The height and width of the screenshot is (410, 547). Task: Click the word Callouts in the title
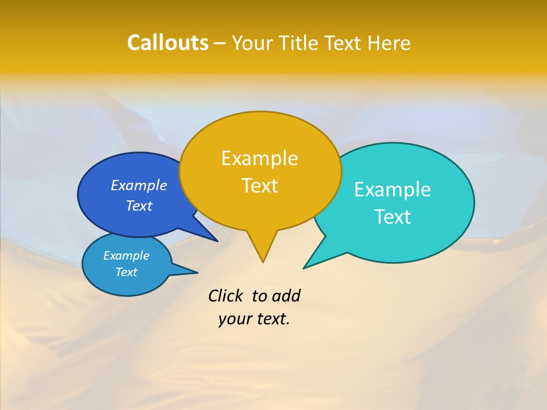(168, 43)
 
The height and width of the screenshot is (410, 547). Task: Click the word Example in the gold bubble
(259, 158)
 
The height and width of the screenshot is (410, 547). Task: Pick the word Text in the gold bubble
(259, 186)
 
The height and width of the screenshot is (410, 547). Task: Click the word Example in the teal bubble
(393, 190)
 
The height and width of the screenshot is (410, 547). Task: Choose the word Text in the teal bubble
(393, 217)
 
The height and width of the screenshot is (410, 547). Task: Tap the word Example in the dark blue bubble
(139, 186)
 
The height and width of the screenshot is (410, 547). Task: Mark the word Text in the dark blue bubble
(139, 206)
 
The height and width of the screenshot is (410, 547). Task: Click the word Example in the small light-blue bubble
(126, 256)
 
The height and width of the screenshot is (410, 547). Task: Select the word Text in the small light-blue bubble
(126, 272)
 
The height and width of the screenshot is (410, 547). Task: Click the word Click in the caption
(226, 296)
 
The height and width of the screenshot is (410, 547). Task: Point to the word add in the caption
(285, 296)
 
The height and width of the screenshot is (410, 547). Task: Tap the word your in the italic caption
(234, 319)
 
